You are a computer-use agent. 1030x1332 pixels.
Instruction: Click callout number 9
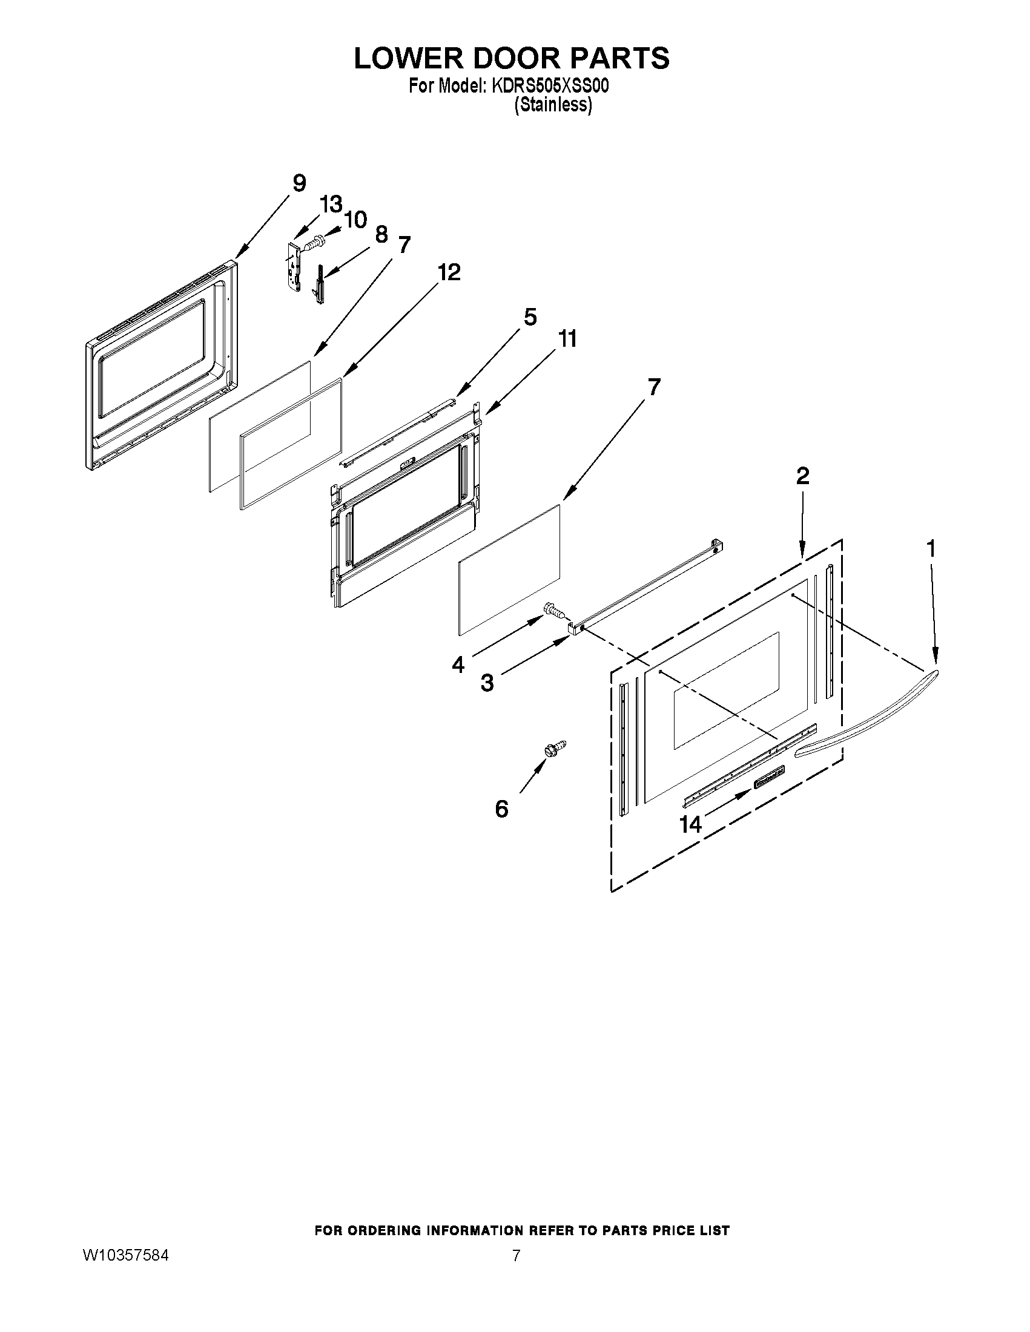pyautogui.click(x=299, y=183)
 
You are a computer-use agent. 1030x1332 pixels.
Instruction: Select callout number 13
pyautogui.click(x=331, y=205)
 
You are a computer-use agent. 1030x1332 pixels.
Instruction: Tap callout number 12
pyautogui.click(x=449, y=272)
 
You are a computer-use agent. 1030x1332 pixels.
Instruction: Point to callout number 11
pyautogui.click(x=567, y=339)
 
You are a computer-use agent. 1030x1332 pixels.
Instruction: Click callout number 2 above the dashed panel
pyautogui.click(x=802, y=476)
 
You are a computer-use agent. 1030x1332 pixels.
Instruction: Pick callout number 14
pyautogui.click(x=691, y=825)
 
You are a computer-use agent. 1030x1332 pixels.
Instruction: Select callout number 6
pyautogui.click(x=501, y=809)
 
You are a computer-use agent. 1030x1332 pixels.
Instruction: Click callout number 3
pyautogui.click(x=487, y=683)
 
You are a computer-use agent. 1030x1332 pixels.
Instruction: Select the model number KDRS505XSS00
pyautogui.click(x=549, y=87)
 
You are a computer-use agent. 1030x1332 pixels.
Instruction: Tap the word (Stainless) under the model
pyautogui.click(x=553, y=105)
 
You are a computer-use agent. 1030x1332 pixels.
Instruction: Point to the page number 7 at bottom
pyautogui.click(x=517, y=1256)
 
